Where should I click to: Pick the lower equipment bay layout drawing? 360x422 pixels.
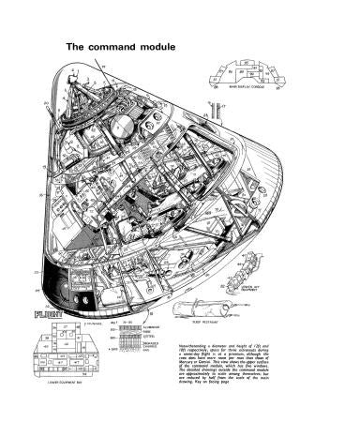tap(56, 352)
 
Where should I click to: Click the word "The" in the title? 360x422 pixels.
tap(74, 45)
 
